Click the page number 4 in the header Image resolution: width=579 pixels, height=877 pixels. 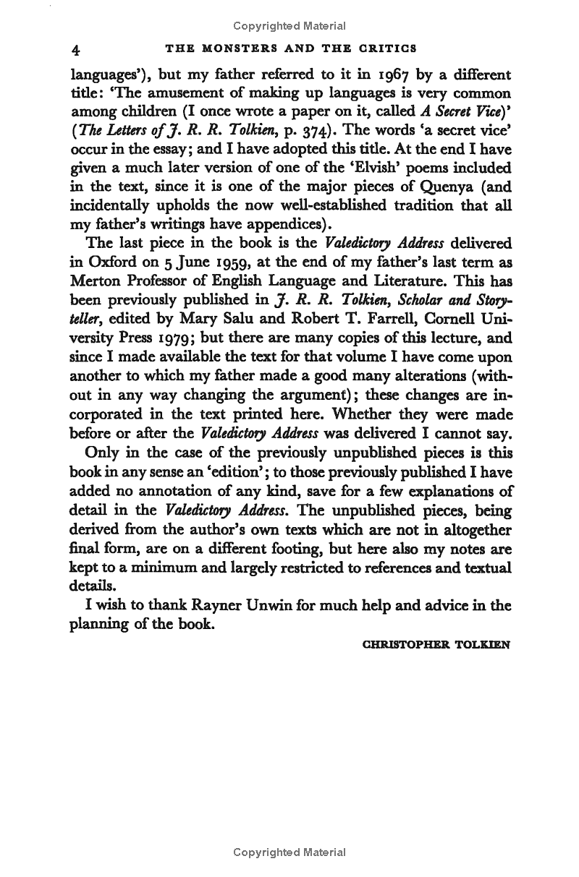[75, 50]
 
